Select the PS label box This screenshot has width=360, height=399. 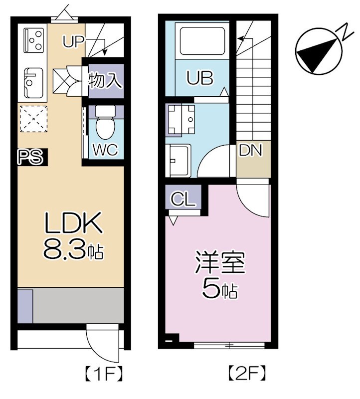point(30,158)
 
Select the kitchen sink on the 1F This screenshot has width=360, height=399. point(32,82)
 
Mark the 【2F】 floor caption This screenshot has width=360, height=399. point(246,373)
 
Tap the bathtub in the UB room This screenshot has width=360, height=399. point(203,40)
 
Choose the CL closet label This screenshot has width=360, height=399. point(183,199)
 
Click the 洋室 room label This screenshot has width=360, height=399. point(220,264)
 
